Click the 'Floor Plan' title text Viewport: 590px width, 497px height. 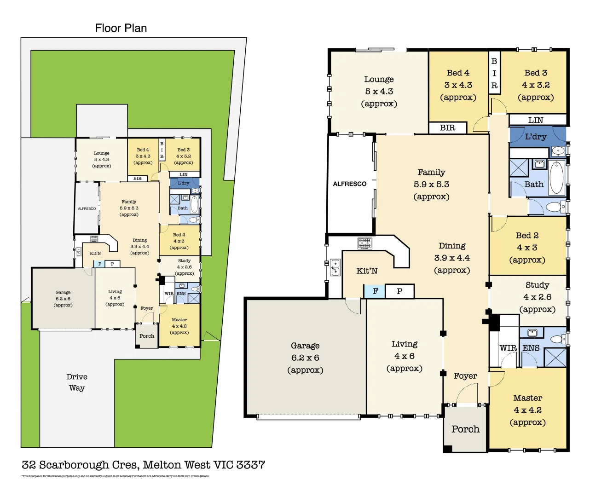pyautogui.click(x=121, y=28)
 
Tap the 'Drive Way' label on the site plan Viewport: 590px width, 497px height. pyautogui.click(x=77, y=382)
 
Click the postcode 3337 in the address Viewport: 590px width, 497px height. pyautogui.click(x=250, y=465)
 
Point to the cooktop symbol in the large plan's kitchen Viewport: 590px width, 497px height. pyautogui.click(x=364, y=243)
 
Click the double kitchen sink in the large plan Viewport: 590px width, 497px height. pyautogui.click(x=335, y=267)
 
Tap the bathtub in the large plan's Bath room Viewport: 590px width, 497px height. pyautogui.click(x=556, y=177)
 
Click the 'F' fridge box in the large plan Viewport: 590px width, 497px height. pyautogui.click(x=375, y=291)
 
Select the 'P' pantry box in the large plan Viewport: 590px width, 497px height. pyautogui.click(x=399, y=291)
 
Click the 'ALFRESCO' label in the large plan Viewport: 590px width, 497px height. pyautogui.click(x=350, y=184)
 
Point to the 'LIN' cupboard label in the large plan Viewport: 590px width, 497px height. pyautogui.click(x=536, y=120)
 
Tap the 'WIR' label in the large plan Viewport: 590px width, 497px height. pyautogui.click(x=508, y=348)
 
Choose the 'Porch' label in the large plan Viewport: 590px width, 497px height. pyautogui.click(x=465, y=429)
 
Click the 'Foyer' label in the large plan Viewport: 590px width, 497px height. pyautogui.click(x=465, y=376)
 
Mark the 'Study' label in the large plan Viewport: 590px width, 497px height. pyautogui.click(x=537, y=285)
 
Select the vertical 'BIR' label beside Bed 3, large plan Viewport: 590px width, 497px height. pyautogui.click(x=494, y=73)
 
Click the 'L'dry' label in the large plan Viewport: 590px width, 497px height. pyautogui.click(x=536, y=137)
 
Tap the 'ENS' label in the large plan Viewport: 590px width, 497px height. pyautogui.click(x=531, y=348)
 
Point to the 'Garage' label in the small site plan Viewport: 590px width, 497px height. pyautogui.click(x=63, y=292)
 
